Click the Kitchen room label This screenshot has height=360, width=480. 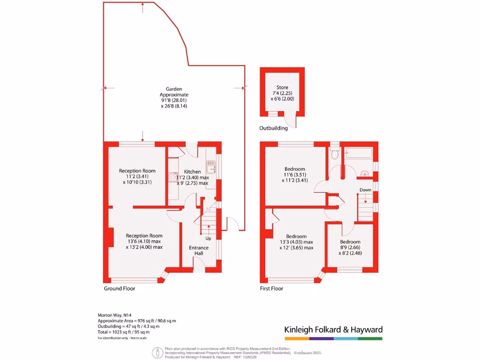click(192, 172)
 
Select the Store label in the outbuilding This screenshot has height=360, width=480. click(282, 87)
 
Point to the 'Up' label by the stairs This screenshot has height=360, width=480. click(208, 238)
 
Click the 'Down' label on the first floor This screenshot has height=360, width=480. click(365, 190)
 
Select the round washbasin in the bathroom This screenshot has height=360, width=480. click(365, 174)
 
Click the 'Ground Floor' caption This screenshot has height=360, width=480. click(119, 289)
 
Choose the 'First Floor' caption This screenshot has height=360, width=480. click(271, 289)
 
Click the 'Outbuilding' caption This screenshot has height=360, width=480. click(273, 128)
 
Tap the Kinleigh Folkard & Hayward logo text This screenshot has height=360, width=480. click(333, 330)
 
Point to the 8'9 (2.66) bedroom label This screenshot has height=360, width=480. click(350, 247)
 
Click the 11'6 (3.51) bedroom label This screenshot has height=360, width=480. click(295, 174)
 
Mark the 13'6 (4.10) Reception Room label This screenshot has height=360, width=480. click(144, 241)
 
